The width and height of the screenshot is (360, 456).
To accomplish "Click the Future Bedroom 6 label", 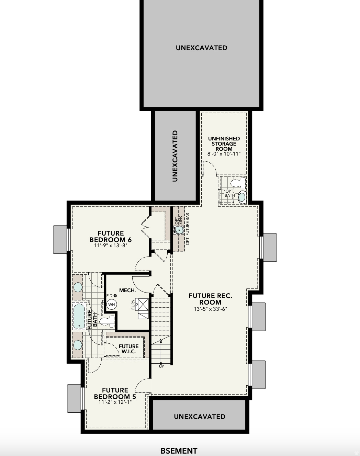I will pyautogui.click(x=110, y=237).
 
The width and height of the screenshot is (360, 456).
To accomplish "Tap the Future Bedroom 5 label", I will pyautogui.click(x=115, y=394).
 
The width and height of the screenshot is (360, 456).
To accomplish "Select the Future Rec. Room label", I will pyautogui.click(x=210, y=299).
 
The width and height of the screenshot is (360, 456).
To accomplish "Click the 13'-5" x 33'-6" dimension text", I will pyautogui.click(x=210, y=309).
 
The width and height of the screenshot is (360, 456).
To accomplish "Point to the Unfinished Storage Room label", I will pyautogui.click(x=224, y=144).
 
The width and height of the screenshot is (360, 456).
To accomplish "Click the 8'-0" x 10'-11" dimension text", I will pyautogui.click(x=224, y=154).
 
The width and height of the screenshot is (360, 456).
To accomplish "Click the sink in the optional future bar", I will pyautogui.click(x=179, y=230).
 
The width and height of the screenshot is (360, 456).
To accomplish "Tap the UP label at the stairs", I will pyautogui.click(x=161, y=366).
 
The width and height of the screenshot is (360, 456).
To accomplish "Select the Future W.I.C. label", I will pyautogui.click(x=128, y=349).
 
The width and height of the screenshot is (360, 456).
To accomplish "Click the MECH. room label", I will pyautogui.click(x=127, y=290).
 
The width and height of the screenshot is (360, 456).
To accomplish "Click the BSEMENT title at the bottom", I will pyautogui.click(x=179, y=451).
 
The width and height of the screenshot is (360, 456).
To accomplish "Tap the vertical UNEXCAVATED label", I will pyautogui.click(x=175, y=156).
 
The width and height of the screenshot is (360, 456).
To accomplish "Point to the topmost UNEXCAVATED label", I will pyautogui.click(x=201, y=48).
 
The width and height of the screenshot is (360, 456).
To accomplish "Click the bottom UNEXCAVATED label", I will pyautogui.click(x=200, y=417).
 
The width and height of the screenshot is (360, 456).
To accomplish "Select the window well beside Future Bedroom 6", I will pyautogui.click(x=60, y=239).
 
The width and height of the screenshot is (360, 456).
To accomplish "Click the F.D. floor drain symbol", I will pyautogui.click(x=115, y=296).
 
